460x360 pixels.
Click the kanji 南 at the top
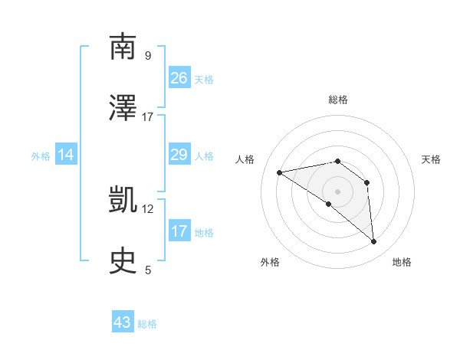point(123,47)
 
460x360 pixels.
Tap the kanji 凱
point(123,200)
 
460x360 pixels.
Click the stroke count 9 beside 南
point(147,55)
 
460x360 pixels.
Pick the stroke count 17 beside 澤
point(148,116)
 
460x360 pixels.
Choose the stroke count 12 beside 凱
point(148,208)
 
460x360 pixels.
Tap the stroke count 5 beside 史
point(147,270)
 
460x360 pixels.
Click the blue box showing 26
point(179,77)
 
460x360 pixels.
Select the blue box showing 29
point(179,155)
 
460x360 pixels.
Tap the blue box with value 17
point(179,231)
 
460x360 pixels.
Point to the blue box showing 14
point(66,155)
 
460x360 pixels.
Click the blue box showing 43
point(123,322)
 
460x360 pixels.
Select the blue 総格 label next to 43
point(147,324)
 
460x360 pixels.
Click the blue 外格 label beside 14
point(41,156)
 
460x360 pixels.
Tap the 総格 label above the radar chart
point(337,100)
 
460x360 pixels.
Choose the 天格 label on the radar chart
point(431,159)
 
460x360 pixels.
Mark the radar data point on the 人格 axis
point(280,172)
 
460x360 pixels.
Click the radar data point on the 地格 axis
point(374,242)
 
